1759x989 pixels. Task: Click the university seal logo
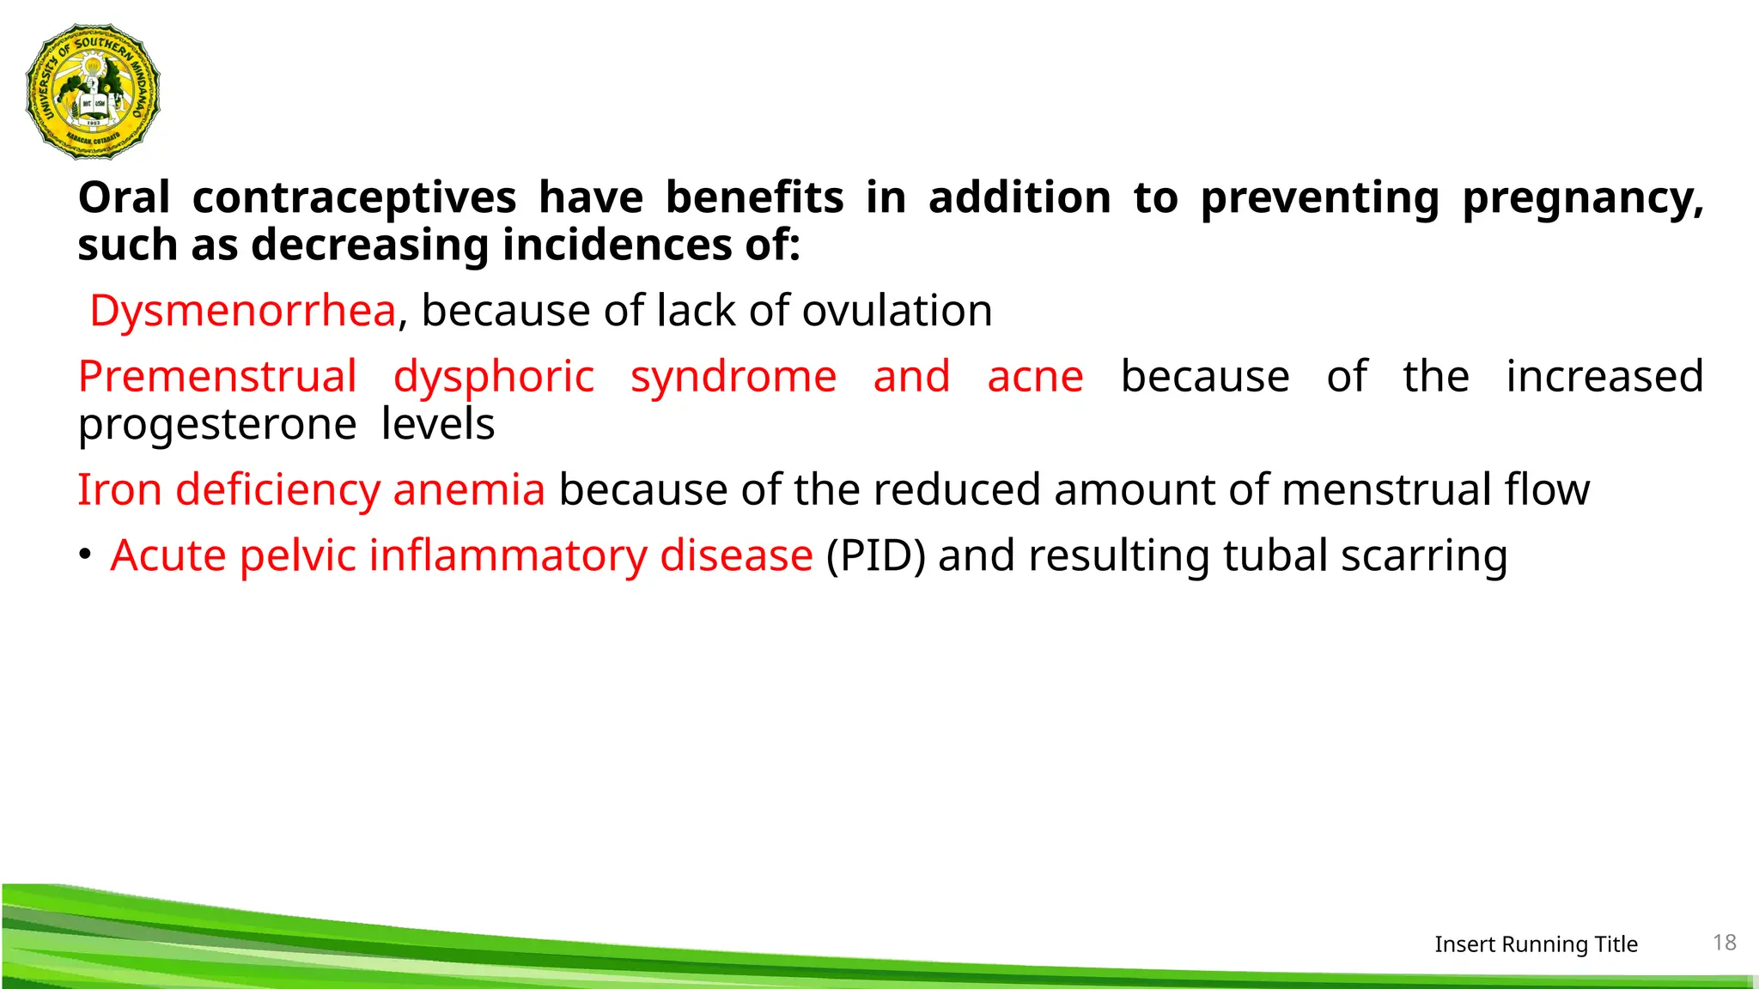(x=93, y=92)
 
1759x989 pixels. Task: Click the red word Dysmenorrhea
(x=242, y=311)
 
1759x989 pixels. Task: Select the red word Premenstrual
(x=217, y=377)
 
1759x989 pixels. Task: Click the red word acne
(x=1035, y=377)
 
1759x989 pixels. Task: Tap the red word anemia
(x=469, y=490)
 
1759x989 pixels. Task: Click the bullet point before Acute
(x=84, y=555)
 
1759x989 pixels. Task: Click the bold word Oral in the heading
(x=124, y=198)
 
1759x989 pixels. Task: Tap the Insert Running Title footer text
(x=1536, y=944)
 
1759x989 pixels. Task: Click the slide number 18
(x=1725, y=943)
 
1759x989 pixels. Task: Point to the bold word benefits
(x=754, y=198)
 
